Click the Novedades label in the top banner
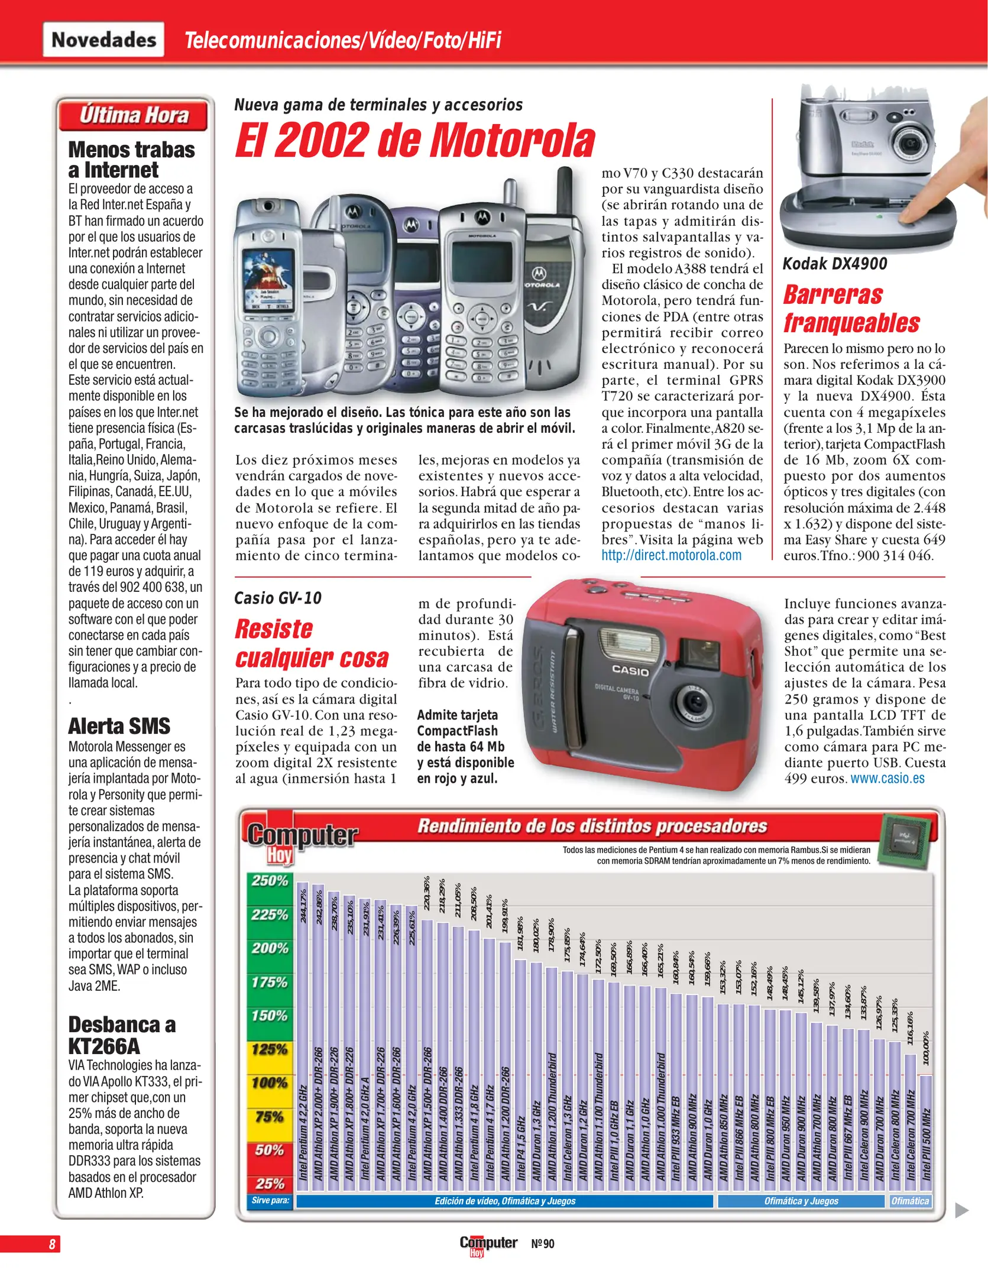point(103,40)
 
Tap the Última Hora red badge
point(134,115)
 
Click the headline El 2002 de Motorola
point(414,141)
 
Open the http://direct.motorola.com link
point(671,555)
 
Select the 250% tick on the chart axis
point(270,880)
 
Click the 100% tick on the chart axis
point(270,1083)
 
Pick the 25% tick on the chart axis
point(270,1184)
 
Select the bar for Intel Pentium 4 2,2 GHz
point(302,1035)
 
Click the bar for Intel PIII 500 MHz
point(926,1129)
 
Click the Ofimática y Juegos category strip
point(801,1201)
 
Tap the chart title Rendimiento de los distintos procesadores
point(592,826)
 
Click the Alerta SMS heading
point(119,725)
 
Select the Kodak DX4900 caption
point(834,264)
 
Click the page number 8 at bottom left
point(52,1244)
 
